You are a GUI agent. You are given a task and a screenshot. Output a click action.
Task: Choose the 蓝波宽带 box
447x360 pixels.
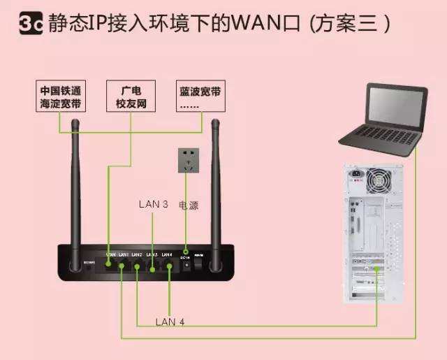[200, 96]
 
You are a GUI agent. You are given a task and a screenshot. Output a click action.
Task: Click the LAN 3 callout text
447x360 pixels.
[153, 205]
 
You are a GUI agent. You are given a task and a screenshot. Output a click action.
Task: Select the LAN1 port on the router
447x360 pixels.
[122, 266]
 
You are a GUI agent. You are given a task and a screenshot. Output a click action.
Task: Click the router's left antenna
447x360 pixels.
[76, 182]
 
